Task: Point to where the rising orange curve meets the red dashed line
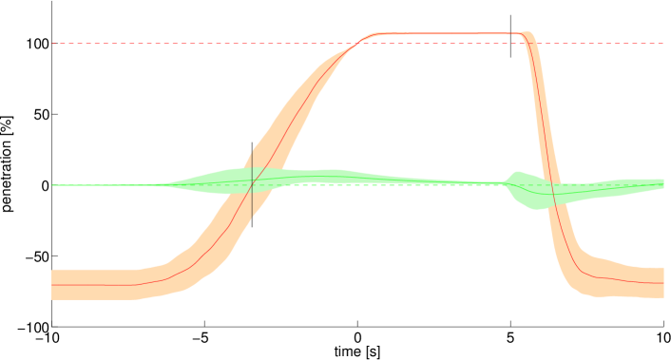point(357,44)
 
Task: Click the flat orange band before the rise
point(95,284)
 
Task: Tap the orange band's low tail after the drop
point(627,281)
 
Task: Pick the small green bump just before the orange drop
point(516,178)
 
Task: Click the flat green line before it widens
point(95,185)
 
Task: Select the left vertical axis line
point(52,142)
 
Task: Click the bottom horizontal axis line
point(285,326)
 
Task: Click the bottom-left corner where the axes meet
point(52,326)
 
